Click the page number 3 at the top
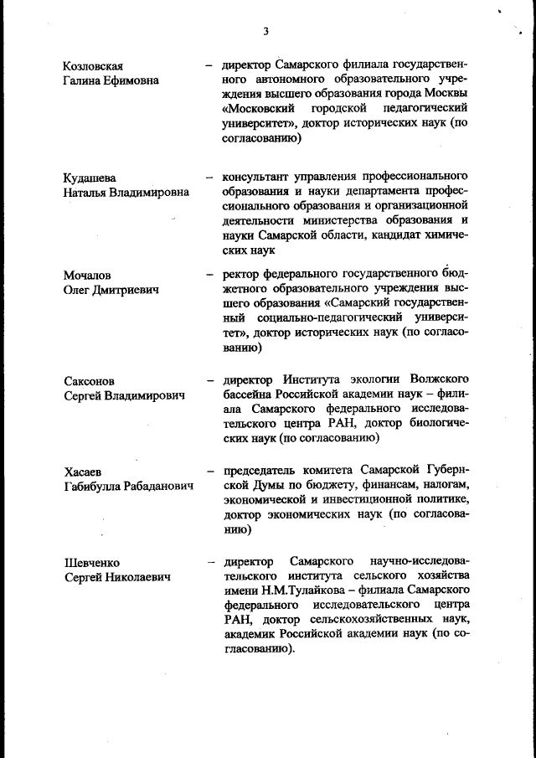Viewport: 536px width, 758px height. point(265,32)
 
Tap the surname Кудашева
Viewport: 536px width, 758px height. point(90,178)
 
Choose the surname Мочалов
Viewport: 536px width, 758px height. point(88,275)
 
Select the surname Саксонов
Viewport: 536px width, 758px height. point(90,380)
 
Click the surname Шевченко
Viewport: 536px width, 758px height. point(92,562)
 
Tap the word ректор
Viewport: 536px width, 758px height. point(240,275)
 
